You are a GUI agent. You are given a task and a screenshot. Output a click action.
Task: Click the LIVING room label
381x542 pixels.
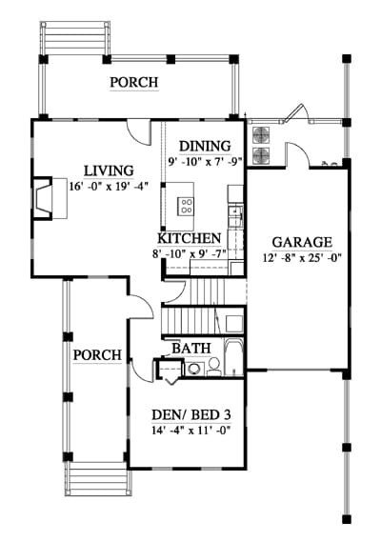click(x=109, y=171)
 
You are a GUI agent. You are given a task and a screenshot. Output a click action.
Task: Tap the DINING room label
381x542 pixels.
click(x=205, y=146)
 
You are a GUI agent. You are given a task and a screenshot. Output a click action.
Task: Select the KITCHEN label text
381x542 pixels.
click(x=190, y=238)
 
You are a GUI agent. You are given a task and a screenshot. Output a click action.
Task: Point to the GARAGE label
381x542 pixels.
click(x=302, y=242)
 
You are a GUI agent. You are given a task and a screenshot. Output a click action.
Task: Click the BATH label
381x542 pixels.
click(x=191, y=349)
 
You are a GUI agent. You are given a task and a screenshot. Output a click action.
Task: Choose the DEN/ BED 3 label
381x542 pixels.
click(x=191, y=414)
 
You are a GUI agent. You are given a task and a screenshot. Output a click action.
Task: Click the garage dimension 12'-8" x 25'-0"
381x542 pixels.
click(x=302, y=258)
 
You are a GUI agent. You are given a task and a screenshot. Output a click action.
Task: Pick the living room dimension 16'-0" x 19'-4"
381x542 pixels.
click(x=109, y=187)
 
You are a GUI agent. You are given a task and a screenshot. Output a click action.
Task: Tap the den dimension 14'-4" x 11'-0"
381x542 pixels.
click(x=191, y=431)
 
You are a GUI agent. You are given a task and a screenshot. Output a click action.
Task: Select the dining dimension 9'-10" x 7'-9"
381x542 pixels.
click(x=205, y=162)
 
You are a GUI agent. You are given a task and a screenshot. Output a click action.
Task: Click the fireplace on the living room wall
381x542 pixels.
click(x=43, y=198)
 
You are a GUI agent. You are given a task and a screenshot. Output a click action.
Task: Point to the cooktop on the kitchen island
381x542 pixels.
click(x=186, y=206)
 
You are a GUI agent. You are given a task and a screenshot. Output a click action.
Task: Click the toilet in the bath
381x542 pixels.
click(x=214, y=368)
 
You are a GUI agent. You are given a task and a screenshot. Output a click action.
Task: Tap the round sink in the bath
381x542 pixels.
click(x=193, y=369)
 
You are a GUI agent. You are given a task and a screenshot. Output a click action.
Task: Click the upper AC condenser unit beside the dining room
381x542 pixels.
click(x=261, y=135)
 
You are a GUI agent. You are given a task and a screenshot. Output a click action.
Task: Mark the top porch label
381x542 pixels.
click(x=134, y=82)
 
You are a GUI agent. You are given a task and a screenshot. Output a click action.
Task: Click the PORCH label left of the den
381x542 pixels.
click(x=97, y=355)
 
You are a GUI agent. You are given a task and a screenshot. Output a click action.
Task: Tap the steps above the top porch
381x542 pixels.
click(x=75, y=38)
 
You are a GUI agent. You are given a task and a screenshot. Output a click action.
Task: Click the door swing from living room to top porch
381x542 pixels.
click(x=139, y=132)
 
